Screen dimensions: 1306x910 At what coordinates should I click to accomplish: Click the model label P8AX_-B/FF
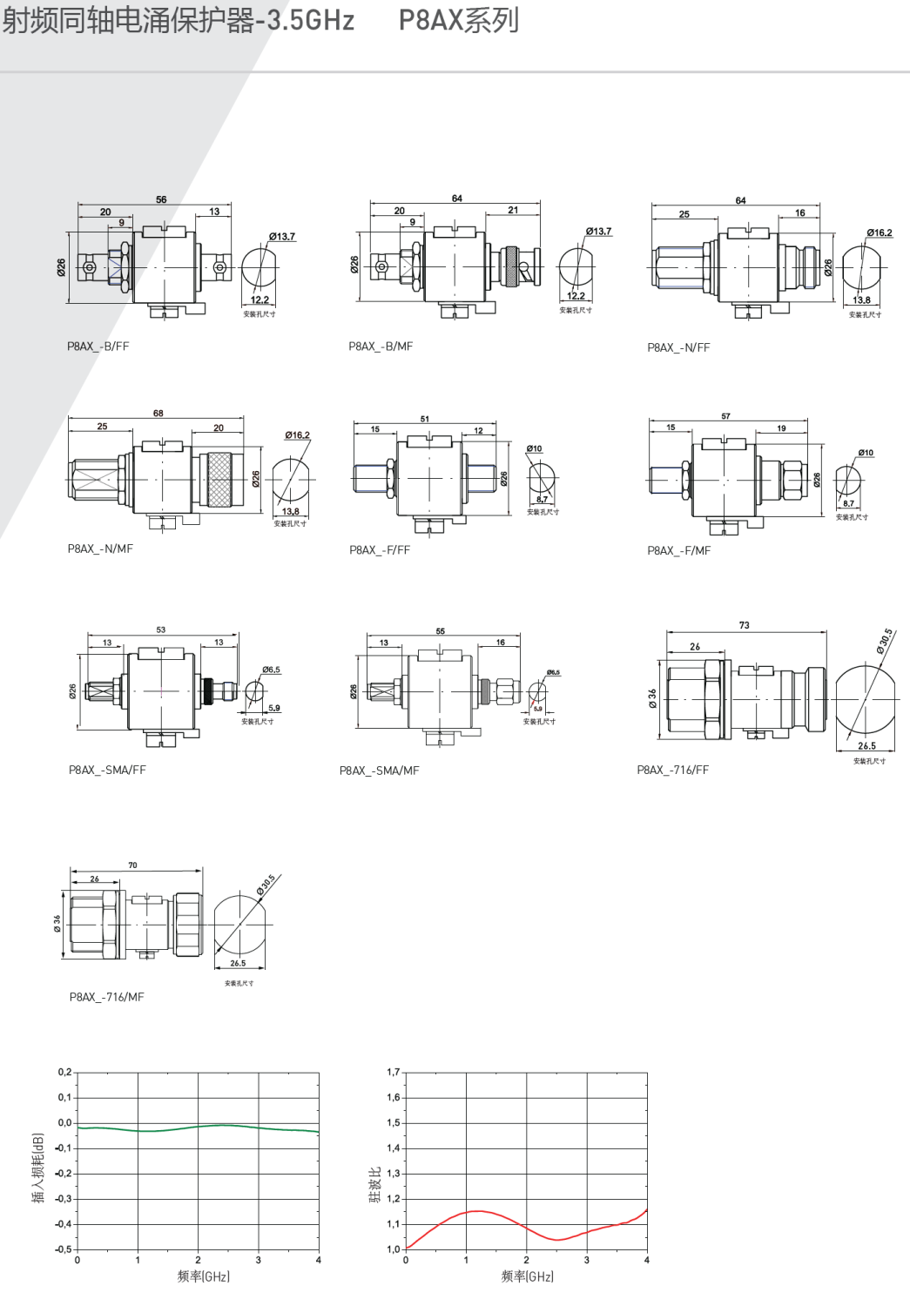click(x=98, y=347)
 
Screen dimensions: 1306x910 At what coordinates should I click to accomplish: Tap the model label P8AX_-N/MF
click(x=100, y=549)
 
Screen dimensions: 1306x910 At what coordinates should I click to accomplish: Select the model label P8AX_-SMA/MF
click(x=379, y=771)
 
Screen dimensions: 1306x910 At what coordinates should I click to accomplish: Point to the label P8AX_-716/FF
click(x=672, y=771)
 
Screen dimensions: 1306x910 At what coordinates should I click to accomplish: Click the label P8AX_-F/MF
click(x=678, y=551)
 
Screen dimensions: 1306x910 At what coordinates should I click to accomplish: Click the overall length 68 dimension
click(x=158, y=414)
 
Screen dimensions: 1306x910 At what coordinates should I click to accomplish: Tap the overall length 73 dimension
click(x=744, y=625)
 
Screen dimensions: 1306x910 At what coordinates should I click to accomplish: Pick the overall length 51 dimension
click(x=424, y=419)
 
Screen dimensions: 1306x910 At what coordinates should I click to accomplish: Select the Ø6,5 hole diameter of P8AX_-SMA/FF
click(x=271, y=670)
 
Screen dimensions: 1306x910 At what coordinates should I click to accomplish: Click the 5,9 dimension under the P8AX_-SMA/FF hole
click(x=273, y=708)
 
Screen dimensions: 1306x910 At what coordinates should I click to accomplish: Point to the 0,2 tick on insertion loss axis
click(x=65, y=1072)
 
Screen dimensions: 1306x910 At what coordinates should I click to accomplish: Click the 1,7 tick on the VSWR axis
click(x=394, y=1072)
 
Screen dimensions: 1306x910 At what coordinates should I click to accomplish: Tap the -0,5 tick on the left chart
click(x=64, y=1249)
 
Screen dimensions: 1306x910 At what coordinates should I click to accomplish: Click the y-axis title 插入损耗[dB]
click(x=37, y=1168)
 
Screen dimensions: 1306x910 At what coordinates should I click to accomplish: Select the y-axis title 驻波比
click(x=374, y=1185)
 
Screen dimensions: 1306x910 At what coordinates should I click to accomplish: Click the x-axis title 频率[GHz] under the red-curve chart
click(x=527, y=1276)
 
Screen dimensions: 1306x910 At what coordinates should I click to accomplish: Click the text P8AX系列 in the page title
click(x=459, y=20)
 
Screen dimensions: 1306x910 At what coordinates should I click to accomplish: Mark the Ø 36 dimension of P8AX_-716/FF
click(x=652, y=698)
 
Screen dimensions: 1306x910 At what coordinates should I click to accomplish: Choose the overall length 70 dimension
click(x=132, y=865)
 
